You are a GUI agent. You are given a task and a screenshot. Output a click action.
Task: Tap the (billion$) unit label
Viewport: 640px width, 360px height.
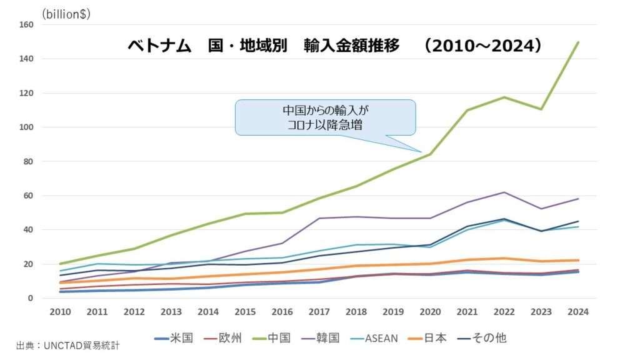point(66,14)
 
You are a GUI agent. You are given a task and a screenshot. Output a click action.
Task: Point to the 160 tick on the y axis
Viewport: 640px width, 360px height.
point(26,25)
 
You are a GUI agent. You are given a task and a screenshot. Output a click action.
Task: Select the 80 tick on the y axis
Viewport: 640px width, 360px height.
point(27,161)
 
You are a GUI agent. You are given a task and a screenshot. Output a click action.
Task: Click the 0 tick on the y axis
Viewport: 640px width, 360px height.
point(30,298)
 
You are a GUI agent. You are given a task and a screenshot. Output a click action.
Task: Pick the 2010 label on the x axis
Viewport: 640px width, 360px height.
point(61,312)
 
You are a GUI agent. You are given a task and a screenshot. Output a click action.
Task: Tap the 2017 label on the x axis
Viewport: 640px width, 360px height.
point(319,312)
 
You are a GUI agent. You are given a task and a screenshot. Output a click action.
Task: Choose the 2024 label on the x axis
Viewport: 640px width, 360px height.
point(578,312)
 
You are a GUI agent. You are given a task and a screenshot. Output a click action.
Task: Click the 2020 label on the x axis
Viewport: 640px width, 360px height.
point(430,312)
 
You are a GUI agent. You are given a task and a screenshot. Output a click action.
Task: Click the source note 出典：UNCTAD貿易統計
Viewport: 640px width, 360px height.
point(67,344)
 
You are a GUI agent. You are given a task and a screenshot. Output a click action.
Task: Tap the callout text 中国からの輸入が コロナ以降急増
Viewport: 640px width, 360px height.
point(325,117)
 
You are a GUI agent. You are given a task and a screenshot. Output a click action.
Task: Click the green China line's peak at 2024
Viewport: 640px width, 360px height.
point(578,42)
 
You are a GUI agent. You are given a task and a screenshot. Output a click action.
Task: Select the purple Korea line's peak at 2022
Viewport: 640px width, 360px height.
point(504,192)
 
